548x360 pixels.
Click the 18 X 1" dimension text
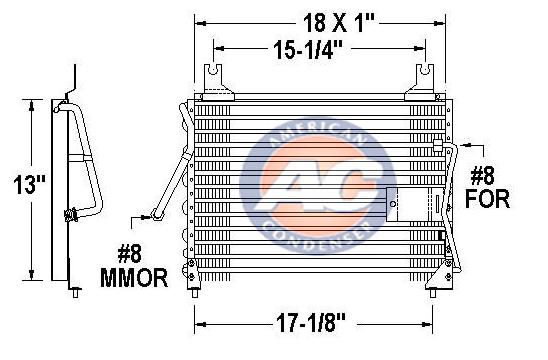338,23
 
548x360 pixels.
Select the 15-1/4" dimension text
308,50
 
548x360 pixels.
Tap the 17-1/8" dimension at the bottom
311,323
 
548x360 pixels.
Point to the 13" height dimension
29,185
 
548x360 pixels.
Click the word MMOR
134,278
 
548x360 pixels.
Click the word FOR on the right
487,199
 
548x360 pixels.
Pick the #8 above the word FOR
482,176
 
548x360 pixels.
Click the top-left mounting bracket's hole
212,70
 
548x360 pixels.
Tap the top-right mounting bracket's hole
425,70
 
